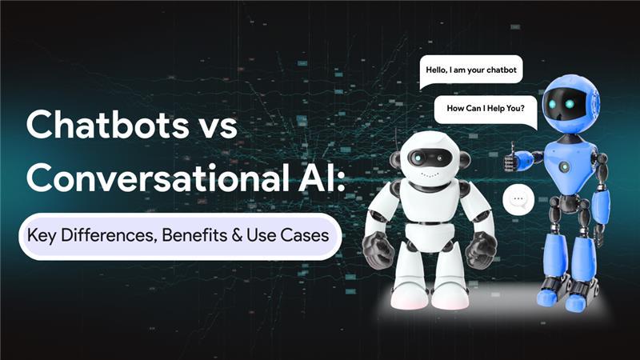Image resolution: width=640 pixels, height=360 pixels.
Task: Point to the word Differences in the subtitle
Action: pos(109,235)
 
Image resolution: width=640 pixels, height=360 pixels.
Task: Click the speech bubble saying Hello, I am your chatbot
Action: pos(471,71)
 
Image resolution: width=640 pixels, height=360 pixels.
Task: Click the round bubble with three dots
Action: pos(518,199)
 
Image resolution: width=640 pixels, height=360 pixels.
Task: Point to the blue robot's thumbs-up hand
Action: pos(511,158)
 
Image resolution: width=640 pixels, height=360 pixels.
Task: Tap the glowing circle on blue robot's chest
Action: pos(565,166)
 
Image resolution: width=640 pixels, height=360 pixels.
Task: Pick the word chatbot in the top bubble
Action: pos(502,70)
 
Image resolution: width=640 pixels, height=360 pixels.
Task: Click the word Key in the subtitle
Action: pos(42,236)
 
